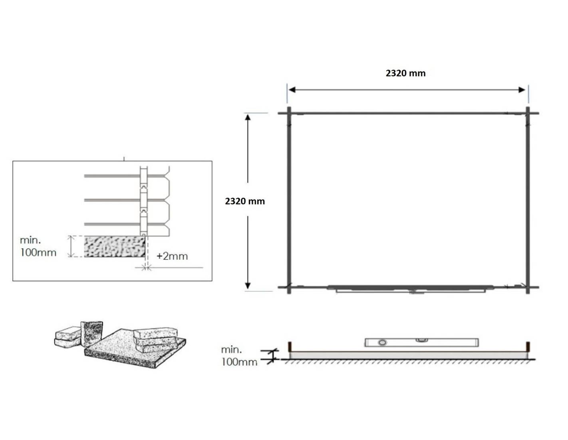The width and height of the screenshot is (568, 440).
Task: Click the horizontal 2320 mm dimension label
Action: (405, 73)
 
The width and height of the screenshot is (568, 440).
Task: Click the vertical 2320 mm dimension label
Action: (245, 201)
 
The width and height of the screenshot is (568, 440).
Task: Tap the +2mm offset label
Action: (172, 256)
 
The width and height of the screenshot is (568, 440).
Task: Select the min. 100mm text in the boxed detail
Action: (38, 246)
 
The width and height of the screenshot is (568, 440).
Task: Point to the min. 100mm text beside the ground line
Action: (239, 356)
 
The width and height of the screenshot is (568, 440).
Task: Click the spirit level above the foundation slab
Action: (421, 342)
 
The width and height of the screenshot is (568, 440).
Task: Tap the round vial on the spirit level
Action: (382, 343)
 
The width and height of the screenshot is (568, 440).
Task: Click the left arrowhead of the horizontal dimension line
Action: (292, 90)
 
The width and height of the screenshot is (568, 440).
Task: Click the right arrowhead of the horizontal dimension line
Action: (522, 90)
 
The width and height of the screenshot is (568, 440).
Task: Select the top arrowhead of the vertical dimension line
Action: (248, 117)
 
